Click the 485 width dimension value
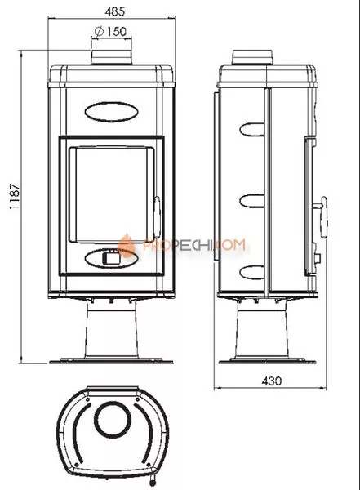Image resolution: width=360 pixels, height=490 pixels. tap(114, 11)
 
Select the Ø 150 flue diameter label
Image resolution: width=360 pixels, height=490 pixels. tap(110, 31)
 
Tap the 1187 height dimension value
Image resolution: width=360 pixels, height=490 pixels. tap(15, 197)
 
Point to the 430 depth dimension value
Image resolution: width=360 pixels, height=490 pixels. tap(272, 381)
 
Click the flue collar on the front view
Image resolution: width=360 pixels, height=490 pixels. tap(111, 57)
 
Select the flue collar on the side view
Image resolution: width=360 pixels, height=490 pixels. tap(253, 57)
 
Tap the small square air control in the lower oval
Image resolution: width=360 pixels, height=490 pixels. tap(110, 257)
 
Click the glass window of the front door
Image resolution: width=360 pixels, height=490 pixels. tap(111, 194)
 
